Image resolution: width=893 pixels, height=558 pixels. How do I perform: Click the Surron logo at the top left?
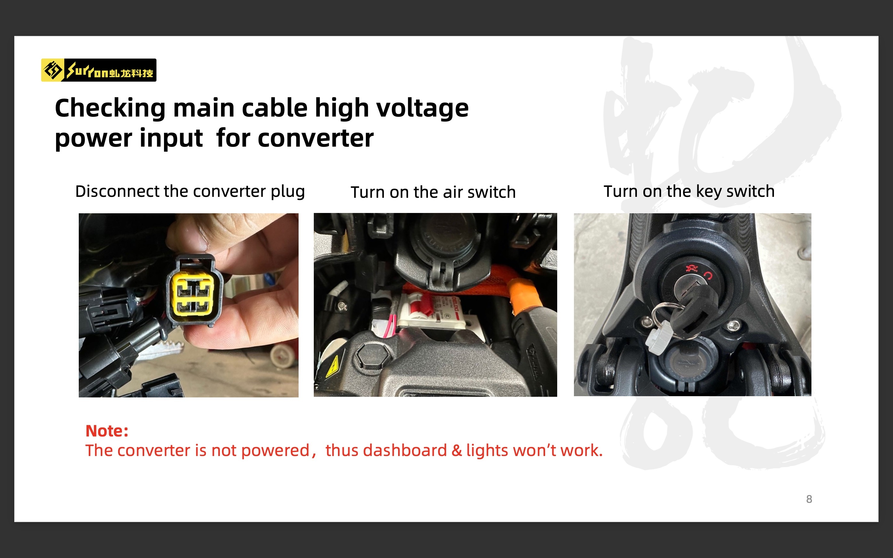99,70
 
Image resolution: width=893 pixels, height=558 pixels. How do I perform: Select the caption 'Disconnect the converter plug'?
190,192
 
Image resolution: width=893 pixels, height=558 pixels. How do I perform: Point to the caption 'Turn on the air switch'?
433,192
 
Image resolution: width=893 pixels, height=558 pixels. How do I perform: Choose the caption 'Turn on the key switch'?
689,192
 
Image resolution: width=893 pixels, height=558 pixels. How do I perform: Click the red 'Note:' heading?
107,431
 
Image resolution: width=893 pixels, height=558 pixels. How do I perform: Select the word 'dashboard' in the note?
405,450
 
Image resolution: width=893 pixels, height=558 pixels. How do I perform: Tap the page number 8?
809,499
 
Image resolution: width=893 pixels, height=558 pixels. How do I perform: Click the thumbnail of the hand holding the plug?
189,305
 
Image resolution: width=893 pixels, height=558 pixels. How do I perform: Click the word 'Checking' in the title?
110,109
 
